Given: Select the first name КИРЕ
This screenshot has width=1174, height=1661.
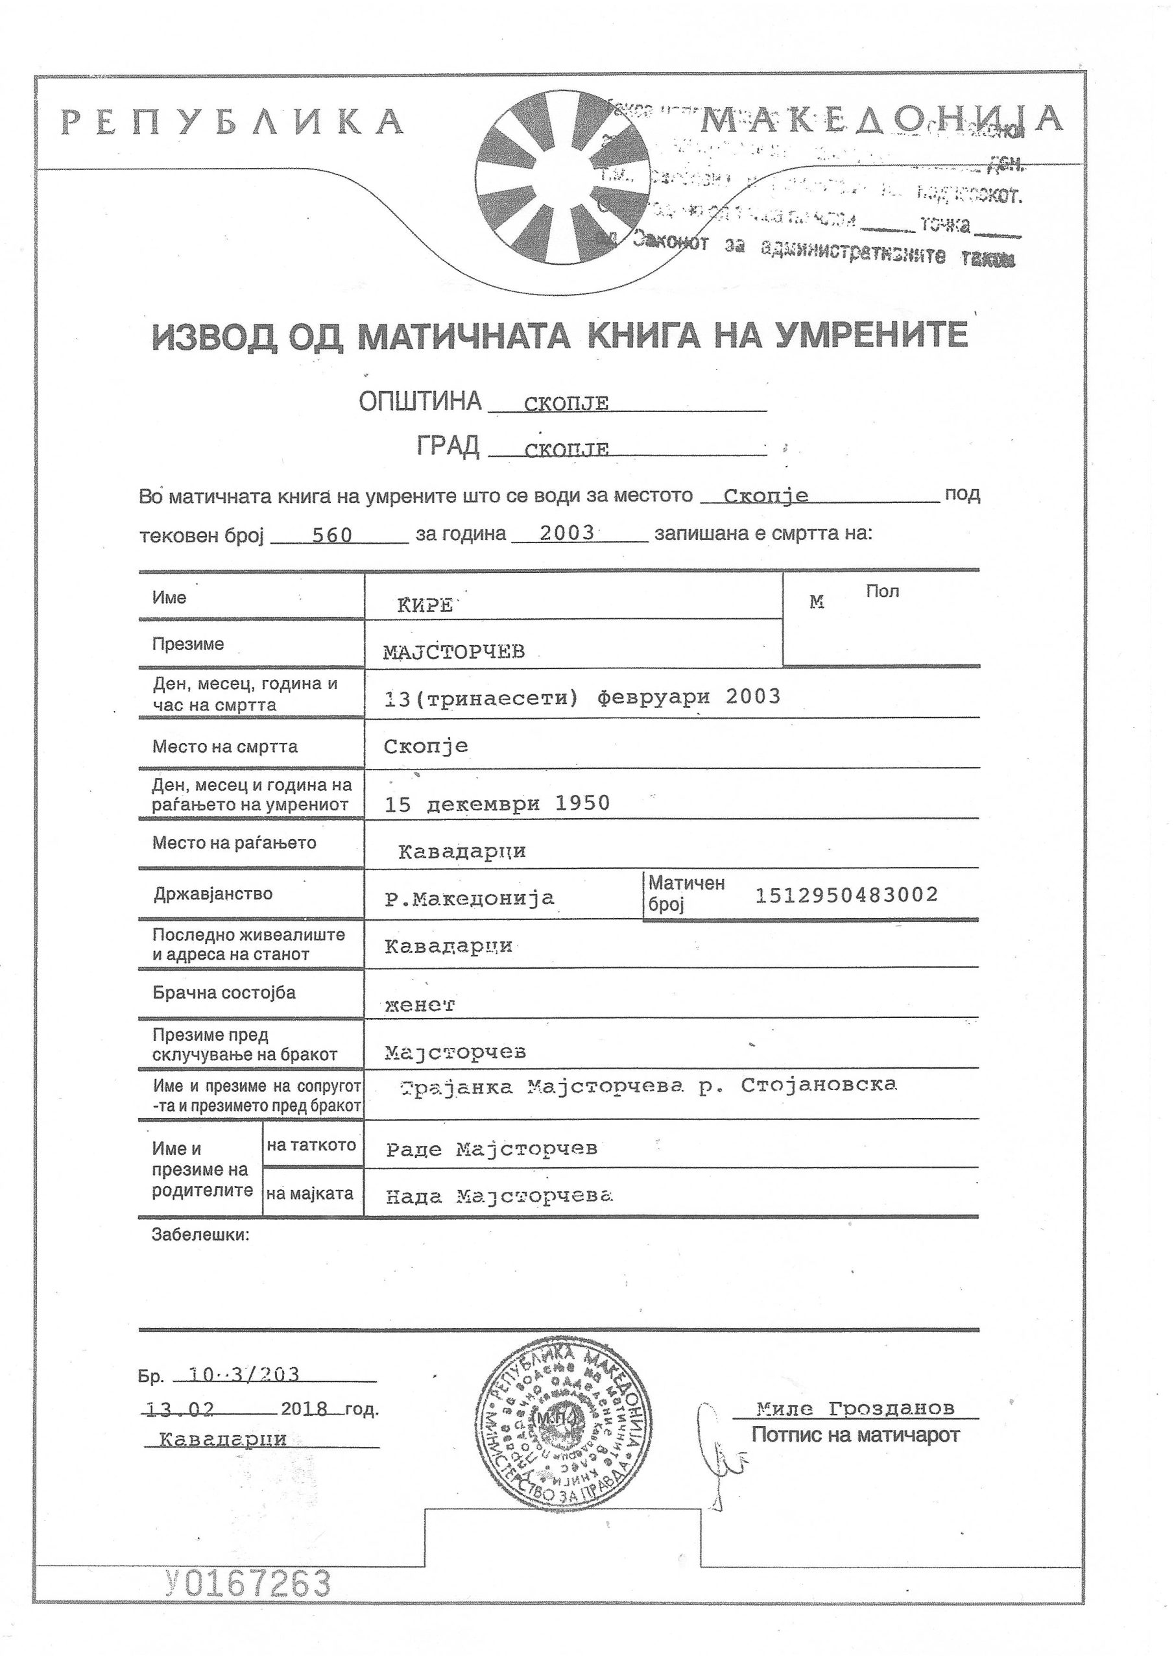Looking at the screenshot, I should (425, 605).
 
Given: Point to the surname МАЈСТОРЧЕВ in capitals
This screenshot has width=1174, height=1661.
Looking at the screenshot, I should (453, 653).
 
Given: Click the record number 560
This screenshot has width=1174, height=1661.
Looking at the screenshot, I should (332, 535).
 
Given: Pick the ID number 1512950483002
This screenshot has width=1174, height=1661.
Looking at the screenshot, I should (846, 895).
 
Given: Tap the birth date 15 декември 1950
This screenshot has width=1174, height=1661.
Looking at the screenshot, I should (497, 804).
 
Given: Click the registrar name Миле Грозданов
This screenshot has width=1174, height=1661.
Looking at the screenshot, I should (855, 1409).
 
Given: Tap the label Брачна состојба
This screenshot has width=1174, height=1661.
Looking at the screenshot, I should (224, 993).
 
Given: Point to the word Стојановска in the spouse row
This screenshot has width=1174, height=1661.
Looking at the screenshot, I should (818, 1085).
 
